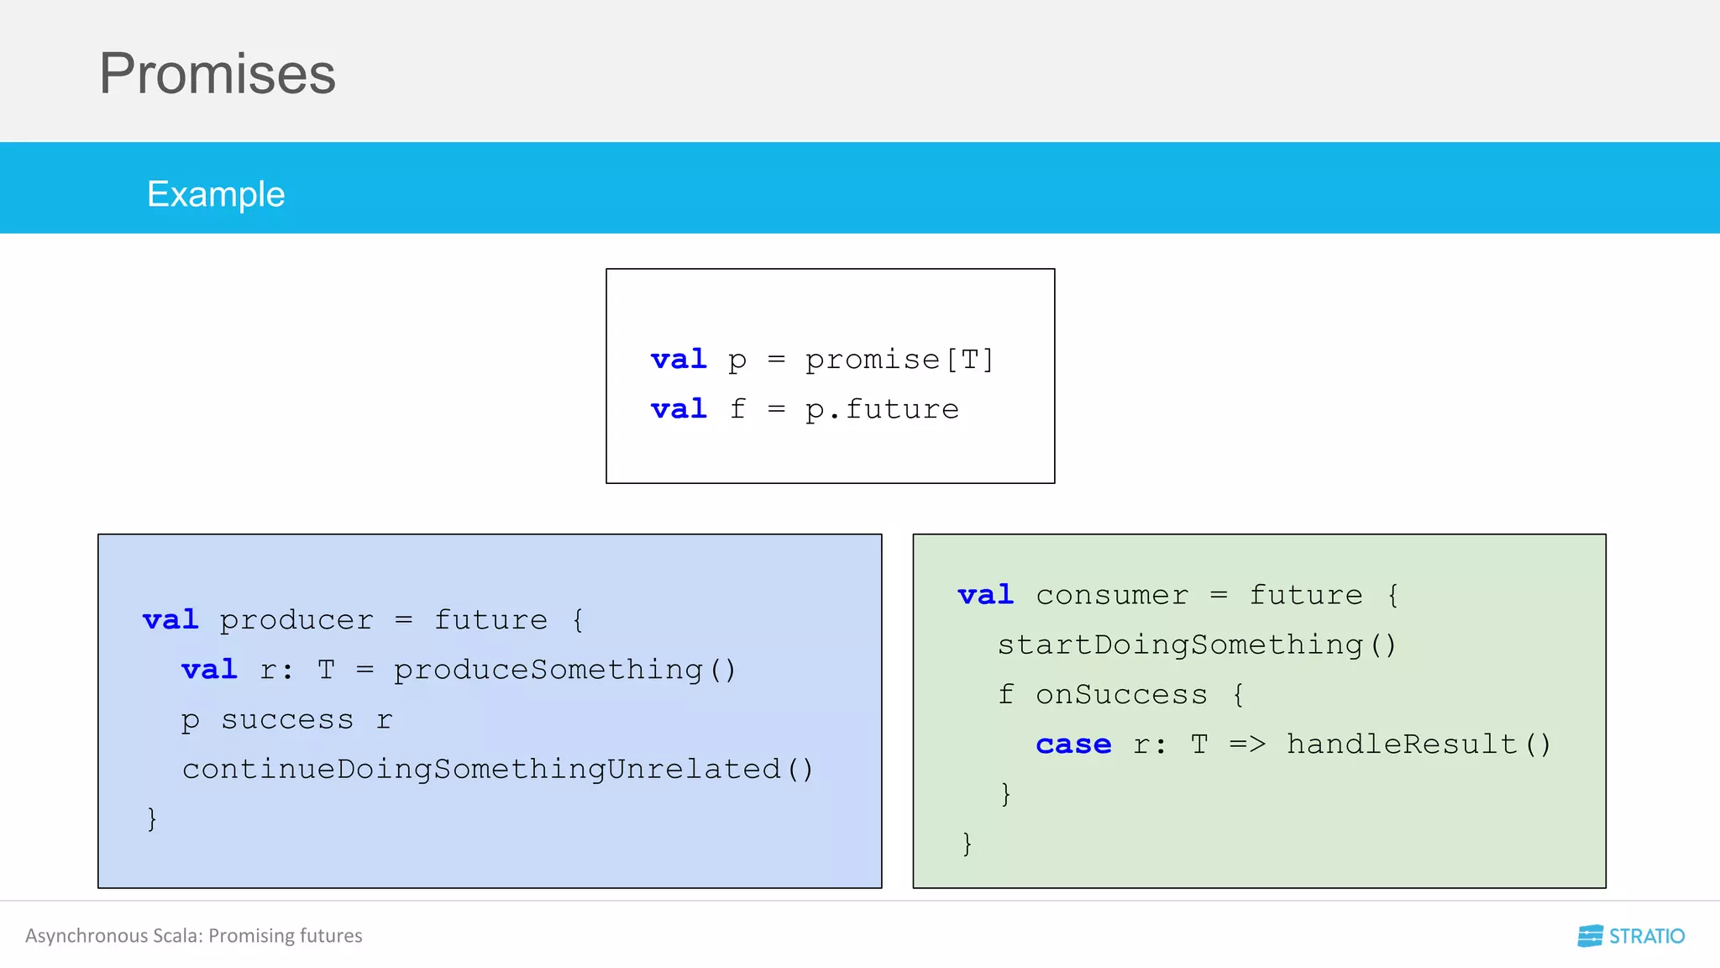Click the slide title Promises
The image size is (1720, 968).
[218, 74]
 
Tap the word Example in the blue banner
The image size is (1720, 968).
[216, 194]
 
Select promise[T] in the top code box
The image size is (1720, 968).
[899, 360]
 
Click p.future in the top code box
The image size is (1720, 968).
[882, 409]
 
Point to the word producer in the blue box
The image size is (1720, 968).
[296, 620]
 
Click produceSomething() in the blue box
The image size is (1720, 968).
[565, 670]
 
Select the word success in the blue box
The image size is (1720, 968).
[287, 720]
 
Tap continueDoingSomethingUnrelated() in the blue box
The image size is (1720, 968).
[498, 769]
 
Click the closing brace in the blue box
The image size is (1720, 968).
[152, 818]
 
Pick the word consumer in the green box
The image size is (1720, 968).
[1112, 595]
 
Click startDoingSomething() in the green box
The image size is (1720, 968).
[1197, 644]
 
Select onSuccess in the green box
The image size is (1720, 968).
[1121, 695]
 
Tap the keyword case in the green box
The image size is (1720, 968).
[1073, 744]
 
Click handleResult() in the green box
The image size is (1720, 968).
[1418, 744]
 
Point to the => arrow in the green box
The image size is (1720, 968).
[1247, 744]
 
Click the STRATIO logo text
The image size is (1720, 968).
[1646, 936]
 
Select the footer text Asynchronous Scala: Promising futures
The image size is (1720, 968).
[194, 936]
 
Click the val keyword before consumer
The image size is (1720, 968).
[986, 595]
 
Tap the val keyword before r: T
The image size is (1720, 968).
[209, 670]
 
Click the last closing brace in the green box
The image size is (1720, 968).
[967, 843]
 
